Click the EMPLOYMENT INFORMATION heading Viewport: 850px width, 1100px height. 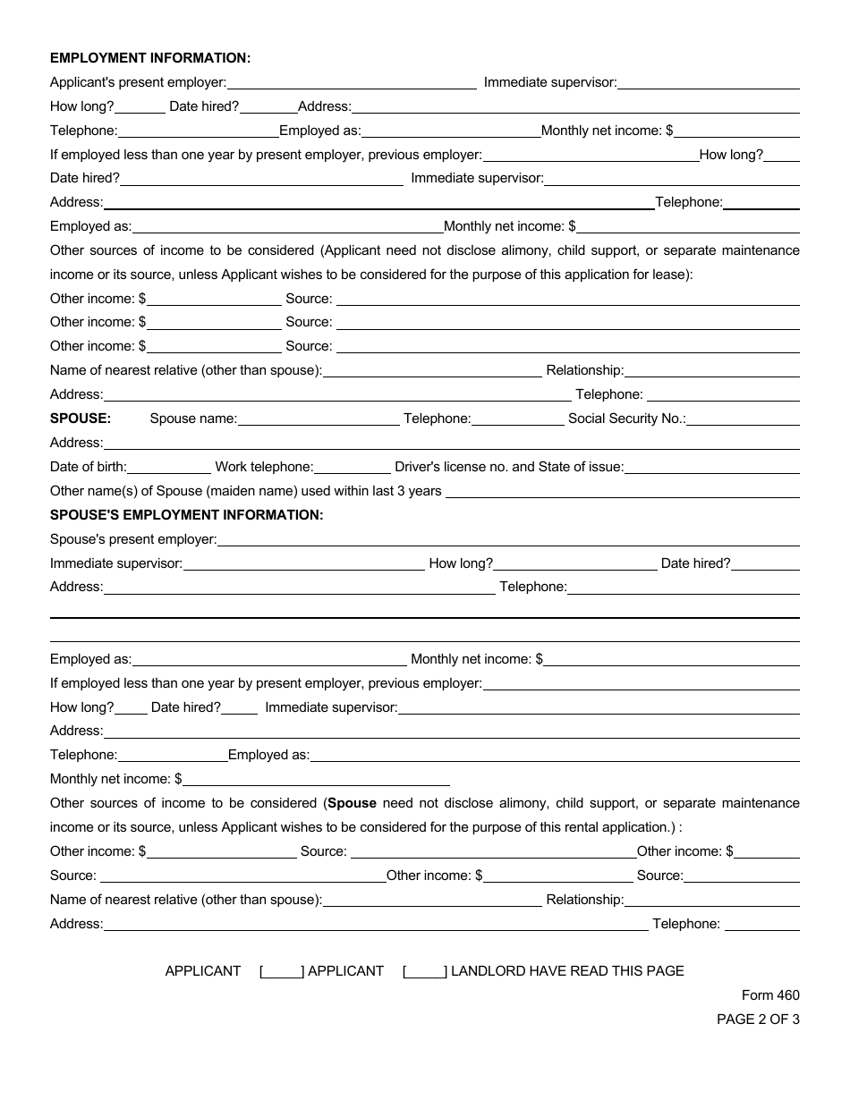click(x=150, y=58)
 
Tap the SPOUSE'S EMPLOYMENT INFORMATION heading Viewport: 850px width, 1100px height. click(x=186, y=515)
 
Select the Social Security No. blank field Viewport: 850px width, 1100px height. click(x=743, y=419)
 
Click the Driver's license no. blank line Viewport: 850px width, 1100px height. click(x=711, y=467)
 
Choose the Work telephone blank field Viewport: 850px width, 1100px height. click(x=353, y=467)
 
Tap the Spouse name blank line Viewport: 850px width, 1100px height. click(x=319, y=419)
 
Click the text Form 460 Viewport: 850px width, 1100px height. click(x=770, y=995)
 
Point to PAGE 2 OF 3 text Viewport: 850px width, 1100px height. click(x=759, y=1019)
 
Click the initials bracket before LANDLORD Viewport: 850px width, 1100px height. click(x=425, y=971)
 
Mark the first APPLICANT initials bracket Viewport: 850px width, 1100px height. click(x=282, y=971)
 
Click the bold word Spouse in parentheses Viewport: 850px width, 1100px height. click(x=352, y=803)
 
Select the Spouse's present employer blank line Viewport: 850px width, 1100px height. click(x=508, y=539)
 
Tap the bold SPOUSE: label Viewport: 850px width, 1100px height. click(x=81, y=419)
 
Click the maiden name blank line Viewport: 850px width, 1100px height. click(x=622, y=491)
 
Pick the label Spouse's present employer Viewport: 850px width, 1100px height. click(x=133, y=539)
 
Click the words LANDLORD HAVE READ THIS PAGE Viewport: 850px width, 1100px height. click(x=567, y=971)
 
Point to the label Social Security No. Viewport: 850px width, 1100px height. click(x=626, y=419)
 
